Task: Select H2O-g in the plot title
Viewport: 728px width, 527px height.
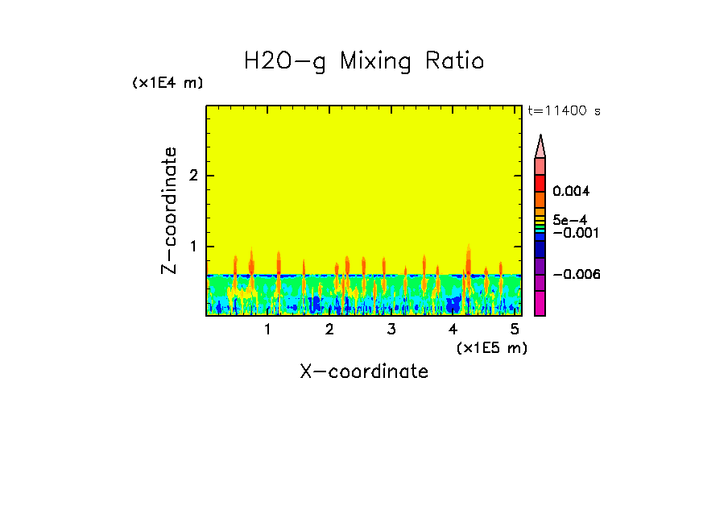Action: point(285,62)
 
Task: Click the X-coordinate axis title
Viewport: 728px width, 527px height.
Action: point(364,371)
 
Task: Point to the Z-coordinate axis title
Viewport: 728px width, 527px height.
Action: point(169,210)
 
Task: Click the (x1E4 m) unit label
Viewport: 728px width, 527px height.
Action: point(168,83)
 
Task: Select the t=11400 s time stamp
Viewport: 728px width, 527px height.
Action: point(564,111)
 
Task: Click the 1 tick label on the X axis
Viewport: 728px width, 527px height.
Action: point(267,329)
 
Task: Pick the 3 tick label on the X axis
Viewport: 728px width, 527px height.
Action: point(391,329)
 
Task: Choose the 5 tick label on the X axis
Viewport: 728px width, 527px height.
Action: point(515,329)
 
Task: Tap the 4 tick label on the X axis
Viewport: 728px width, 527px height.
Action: point(453,329)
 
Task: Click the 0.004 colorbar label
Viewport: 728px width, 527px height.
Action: point(572,192)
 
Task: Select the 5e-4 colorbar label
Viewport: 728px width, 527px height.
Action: point(570,219)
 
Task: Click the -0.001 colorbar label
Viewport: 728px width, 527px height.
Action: point(573,232)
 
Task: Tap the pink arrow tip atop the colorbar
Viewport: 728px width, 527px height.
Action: point(540,146)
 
